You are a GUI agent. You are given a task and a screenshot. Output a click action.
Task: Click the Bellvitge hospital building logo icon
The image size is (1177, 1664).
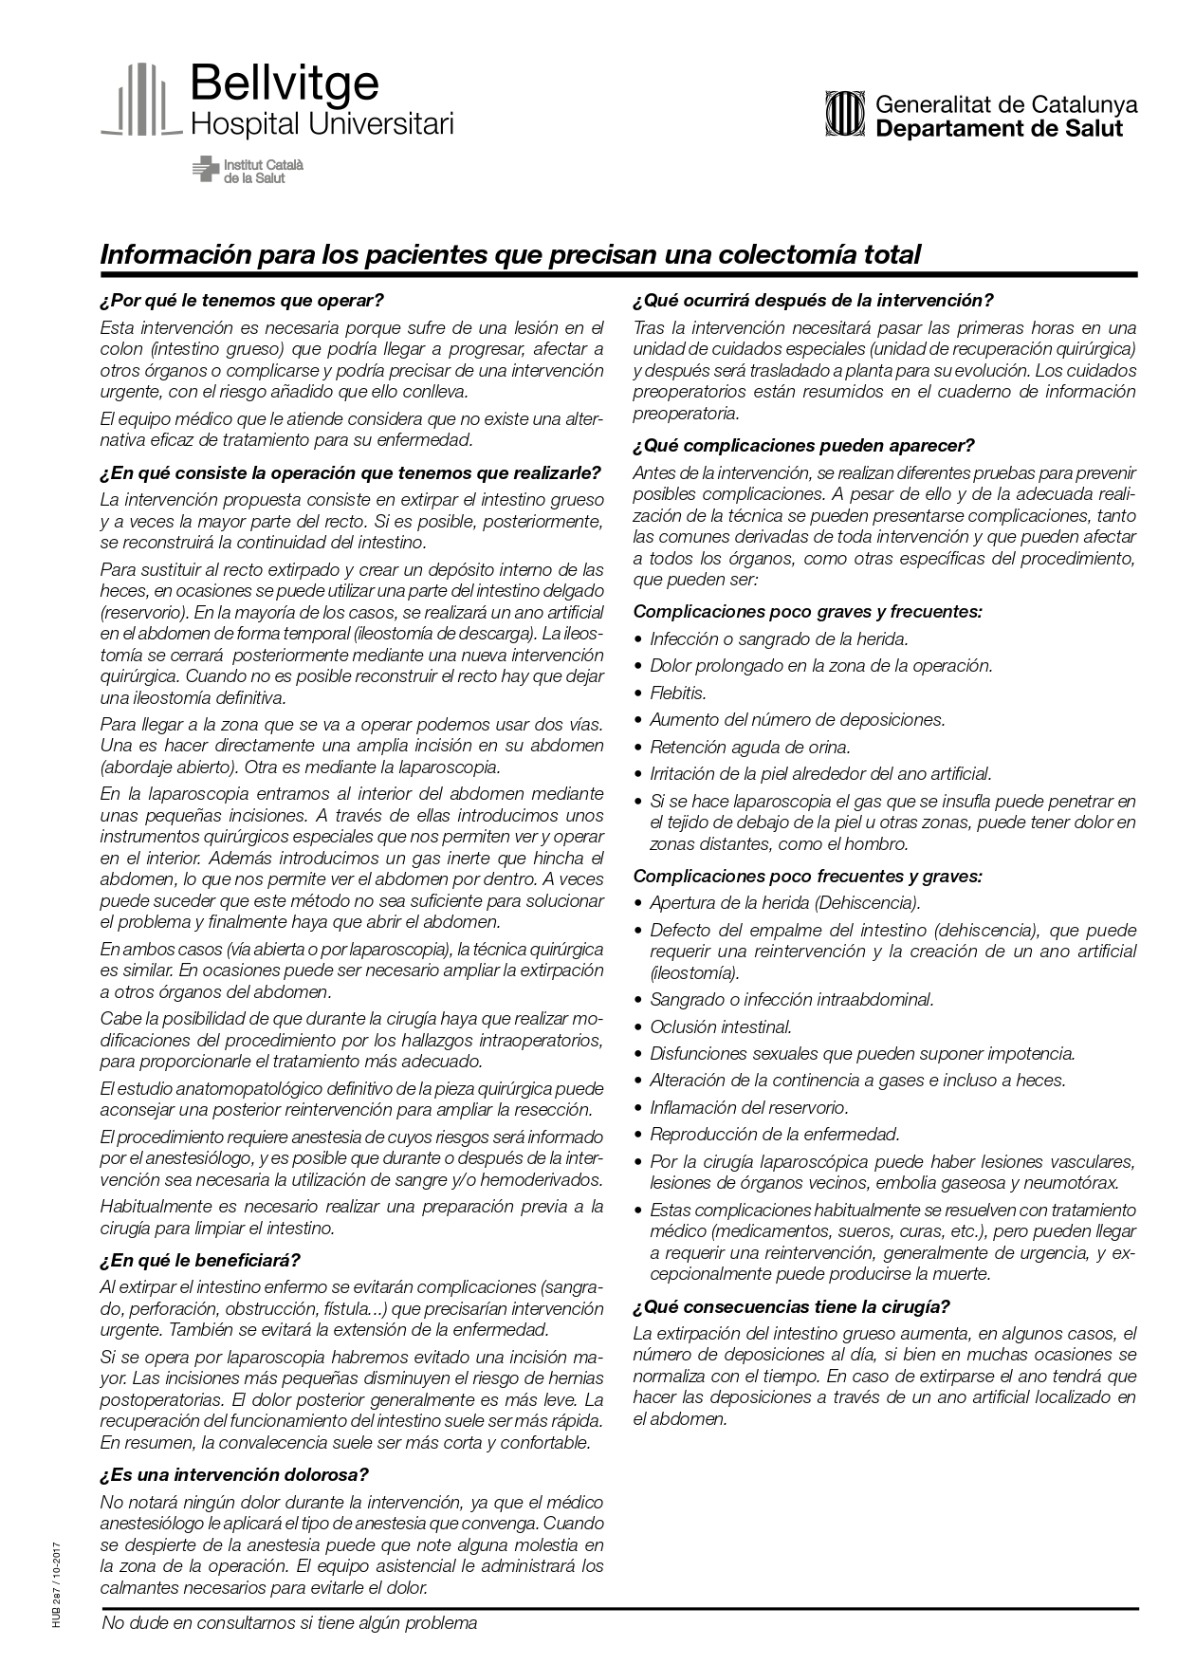140,100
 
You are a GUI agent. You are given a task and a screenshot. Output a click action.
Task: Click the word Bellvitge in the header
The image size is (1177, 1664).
284,84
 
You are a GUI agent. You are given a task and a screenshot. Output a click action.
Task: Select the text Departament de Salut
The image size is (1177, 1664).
999,128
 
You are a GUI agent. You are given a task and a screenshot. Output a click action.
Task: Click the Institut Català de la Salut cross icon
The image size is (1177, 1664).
204,170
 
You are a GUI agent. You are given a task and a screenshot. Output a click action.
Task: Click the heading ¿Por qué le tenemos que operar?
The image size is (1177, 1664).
241,301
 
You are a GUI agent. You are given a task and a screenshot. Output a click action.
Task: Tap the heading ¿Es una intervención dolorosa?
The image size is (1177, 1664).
233,1474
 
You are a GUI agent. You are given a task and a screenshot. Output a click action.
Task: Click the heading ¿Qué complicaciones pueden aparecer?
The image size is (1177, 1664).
803,445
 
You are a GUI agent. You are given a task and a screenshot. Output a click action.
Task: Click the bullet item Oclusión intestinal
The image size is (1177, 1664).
720,1026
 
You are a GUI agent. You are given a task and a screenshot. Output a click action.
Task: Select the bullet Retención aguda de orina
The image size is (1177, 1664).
749,747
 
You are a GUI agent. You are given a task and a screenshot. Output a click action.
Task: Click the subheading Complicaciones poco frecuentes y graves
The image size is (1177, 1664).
807,876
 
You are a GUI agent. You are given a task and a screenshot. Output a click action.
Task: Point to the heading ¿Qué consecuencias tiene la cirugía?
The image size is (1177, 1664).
791,1306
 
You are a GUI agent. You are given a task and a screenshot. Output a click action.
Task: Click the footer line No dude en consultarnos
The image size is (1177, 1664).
288,1623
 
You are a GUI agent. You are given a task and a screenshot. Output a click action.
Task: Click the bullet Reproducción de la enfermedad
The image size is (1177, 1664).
774,1134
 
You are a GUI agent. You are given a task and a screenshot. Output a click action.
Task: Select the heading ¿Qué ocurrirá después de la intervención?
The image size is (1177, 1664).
813,301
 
